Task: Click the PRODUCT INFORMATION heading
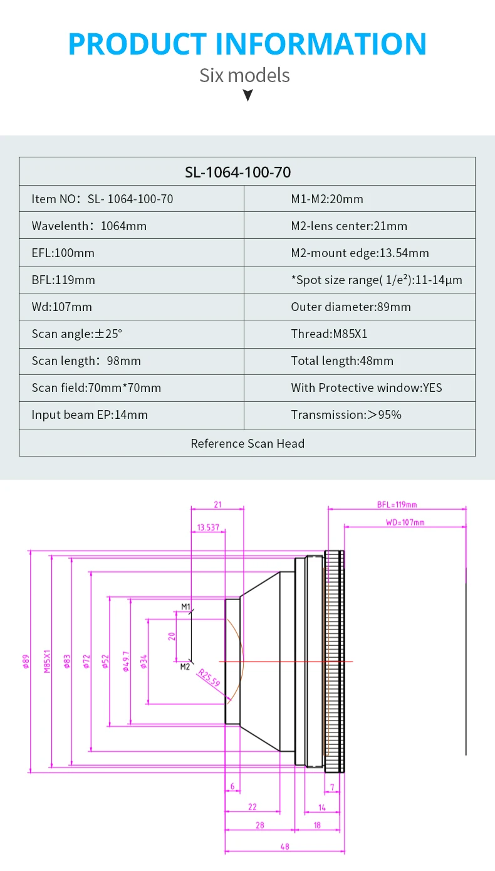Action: tap(247, 44)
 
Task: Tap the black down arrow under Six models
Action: tap(247, 95)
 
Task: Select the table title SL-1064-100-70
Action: tap(247, 172)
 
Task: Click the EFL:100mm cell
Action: tap(63, 253)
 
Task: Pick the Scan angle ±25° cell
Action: tap(77, 334)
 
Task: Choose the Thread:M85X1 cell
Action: tap(329, 334)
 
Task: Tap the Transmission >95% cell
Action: tap(346, 414)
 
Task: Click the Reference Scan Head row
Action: tap(247, 443)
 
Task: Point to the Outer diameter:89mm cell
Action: tap(350, 307)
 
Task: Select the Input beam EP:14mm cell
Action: tap(90, 414)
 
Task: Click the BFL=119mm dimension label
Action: tap(397, 504)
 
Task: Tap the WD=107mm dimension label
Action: tap(405, 522)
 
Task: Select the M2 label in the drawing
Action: tap(185, 667)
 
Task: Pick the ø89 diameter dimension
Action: tap(26, 661)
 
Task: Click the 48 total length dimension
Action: tap(284, 847)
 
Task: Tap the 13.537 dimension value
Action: tap(208, 527)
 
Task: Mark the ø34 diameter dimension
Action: tap(143, 661)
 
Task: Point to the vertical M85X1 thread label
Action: tap(47, 661)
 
